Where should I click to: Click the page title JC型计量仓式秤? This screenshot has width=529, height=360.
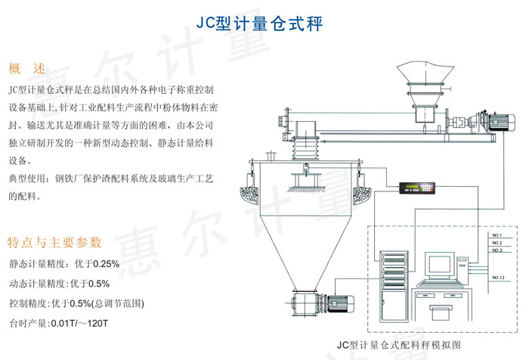tap(264, 23)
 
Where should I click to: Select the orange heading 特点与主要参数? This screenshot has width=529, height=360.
tap(54, 243)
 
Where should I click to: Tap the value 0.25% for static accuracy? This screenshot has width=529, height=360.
tap(105, 265)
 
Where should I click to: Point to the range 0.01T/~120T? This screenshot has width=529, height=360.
tap(79, 323)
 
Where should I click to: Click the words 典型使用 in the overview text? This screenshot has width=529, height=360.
tap(29, 178)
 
